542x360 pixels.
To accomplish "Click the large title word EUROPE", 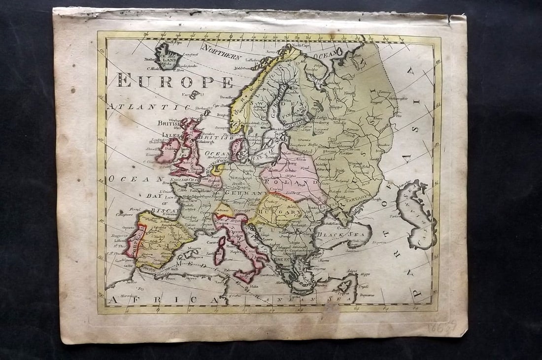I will tap(175, 80).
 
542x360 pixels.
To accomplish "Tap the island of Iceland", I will tap(168, 56).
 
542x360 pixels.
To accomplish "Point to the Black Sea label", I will tap(348, 234).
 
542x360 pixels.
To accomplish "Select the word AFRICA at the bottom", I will tap(163, 299).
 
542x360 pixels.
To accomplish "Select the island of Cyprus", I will tap(344, 286).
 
